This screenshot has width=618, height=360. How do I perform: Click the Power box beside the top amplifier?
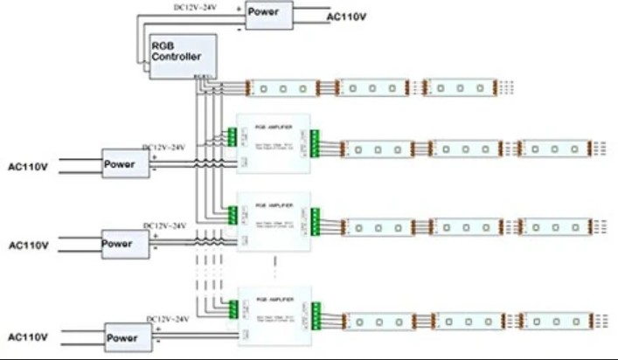[x=123, y=163]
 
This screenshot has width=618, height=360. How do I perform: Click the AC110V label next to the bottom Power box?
[x=27, y=336]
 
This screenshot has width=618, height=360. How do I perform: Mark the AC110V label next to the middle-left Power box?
[x=27, y=245]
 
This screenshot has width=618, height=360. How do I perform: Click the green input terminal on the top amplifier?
[x=233, y=137]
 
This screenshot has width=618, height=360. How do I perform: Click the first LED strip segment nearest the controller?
[x=284, y=87]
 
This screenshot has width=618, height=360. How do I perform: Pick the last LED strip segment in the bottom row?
[x=555, y=321]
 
